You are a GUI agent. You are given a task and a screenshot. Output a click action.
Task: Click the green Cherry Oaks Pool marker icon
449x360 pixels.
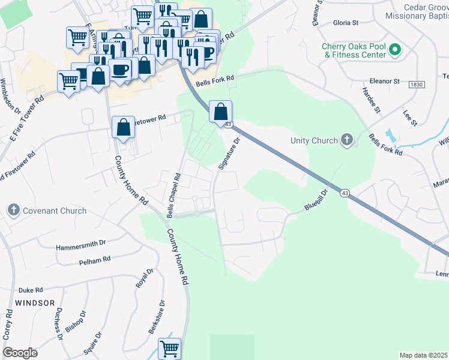395,50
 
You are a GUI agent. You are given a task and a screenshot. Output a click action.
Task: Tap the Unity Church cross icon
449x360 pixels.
346,140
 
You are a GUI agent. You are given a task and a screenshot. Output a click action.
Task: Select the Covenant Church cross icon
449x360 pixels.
14,211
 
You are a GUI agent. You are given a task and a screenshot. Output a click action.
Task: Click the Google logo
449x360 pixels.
20,353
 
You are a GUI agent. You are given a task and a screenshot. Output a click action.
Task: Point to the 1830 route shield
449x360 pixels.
417,85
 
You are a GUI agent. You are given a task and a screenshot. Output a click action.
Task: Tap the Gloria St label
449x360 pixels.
345,23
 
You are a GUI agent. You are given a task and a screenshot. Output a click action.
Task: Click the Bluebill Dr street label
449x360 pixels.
316,200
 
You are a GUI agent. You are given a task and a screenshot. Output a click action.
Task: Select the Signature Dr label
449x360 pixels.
229,153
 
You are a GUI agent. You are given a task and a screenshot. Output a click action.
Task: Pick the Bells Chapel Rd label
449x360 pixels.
174,196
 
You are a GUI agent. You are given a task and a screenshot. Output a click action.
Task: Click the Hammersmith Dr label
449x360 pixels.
80,247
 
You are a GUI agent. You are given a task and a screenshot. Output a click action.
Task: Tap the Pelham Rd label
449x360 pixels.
95,261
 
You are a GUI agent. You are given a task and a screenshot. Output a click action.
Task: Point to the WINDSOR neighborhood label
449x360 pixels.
35,302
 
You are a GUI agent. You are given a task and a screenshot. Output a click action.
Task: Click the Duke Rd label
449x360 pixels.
31,289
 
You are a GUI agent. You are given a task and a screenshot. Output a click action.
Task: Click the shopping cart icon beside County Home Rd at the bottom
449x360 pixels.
169,348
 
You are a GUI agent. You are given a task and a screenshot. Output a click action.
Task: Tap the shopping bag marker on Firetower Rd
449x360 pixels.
123,127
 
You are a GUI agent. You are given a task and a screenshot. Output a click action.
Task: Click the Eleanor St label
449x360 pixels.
384,80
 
